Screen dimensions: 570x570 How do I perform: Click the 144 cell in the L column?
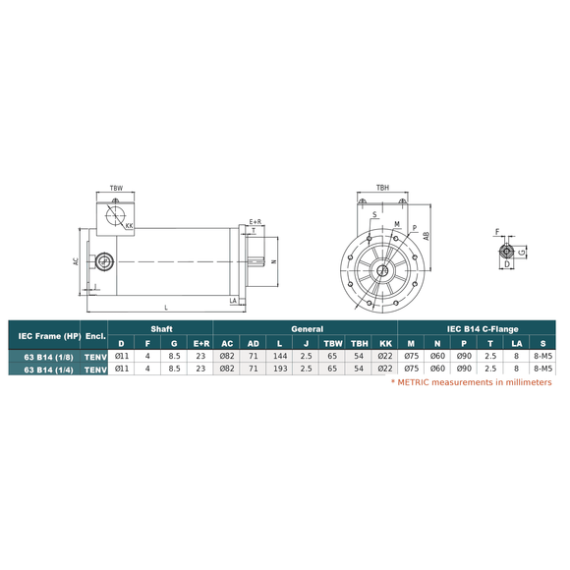pyautogui.click(x=279, y=356)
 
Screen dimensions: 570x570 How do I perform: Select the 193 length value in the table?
pyautogui.click(x=279, y=369)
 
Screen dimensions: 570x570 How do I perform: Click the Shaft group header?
pyautogui.click(x=160, y=328)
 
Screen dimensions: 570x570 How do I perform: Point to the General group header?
pyautogui.click(x=305, y=328)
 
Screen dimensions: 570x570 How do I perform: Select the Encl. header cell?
pyautogui.click(x=94, y=335)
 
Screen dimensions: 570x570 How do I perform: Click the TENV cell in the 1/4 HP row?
pyautogui.click(x=94, y=369)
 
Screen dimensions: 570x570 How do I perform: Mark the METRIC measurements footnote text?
pyautogui.click(x=472, y=382)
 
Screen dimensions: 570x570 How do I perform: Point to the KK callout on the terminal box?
pyautogui.click(x=130, y=225)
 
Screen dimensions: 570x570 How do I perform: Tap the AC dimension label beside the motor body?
pyautogui.click(x=76, y=261)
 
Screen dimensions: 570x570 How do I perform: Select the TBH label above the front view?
pyautogui.click(x=381, y=186)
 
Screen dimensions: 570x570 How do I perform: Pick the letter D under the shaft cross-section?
pyautogui.click(x=506, y=264)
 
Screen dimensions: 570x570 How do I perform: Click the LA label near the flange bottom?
pyautogui.click(x=233, y=300)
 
